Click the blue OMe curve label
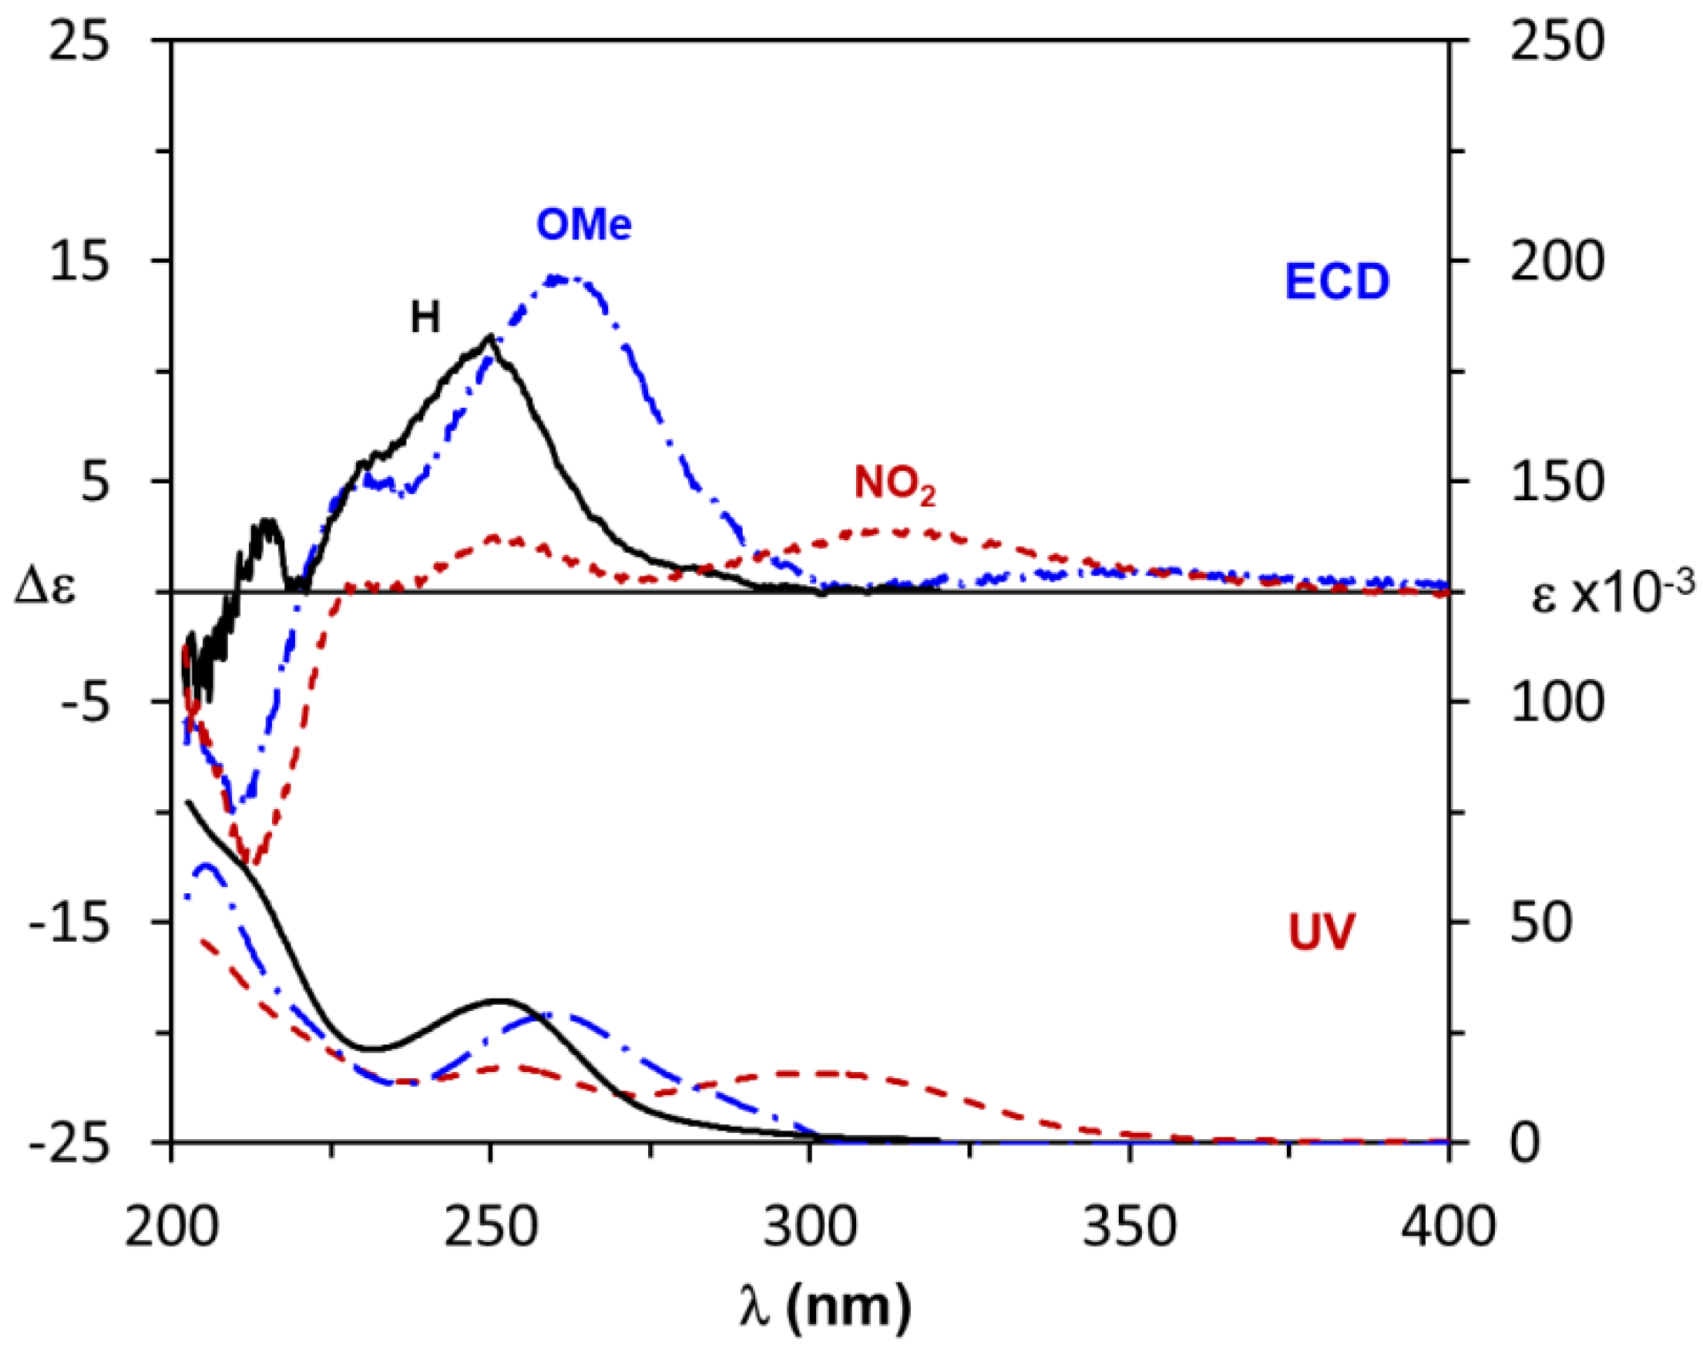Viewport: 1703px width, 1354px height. (x=584, y=224)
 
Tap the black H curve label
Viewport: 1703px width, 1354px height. (x=425, y=318)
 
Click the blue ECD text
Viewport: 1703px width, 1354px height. (x=1336, y=282)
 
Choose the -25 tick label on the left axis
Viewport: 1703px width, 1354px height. (x=69, y=1142)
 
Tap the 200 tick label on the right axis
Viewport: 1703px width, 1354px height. (x=1557, y=260)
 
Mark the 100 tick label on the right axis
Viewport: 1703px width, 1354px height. (x=1557, y=701)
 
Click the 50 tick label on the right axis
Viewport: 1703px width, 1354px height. (x=1540, y=922)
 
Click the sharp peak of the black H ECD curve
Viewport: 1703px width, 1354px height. (x=490, y=337)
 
